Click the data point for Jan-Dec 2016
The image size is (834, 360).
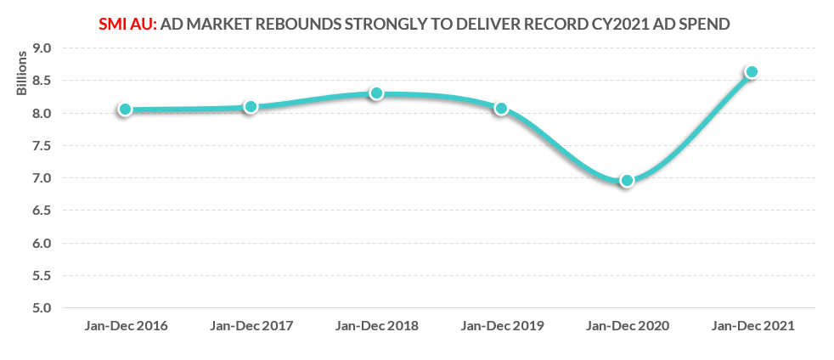click(x=125, y=110)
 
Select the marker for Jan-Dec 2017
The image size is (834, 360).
click(x=251, y=107)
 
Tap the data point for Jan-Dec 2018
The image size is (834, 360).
click(x=376, y=93)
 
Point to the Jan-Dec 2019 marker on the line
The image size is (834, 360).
click(x=501, y=109)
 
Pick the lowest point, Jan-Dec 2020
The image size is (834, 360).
click(x=627, y=180)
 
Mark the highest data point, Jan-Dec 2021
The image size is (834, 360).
click(x=752, y=72)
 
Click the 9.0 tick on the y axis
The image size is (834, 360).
click(x=42, y=48)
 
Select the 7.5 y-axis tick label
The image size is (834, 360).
click(x=42, y=146)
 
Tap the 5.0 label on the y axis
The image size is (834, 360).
click(x=42, y=308)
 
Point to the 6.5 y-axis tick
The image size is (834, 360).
click(x=42, y=211)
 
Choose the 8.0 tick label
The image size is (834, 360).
click(x=42, y=114)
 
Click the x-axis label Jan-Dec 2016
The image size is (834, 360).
click(x=125, y=326)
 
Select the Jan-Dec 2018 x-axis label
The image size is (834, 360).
click(x=376, y=326)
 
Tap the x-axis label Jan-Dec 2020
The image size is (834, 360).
click(x=627, y=326)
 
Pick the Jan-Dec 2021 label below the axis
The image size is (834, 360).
click(x=752, y=326)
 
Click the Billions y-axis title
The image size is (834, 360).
click(x=23, y=73)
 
